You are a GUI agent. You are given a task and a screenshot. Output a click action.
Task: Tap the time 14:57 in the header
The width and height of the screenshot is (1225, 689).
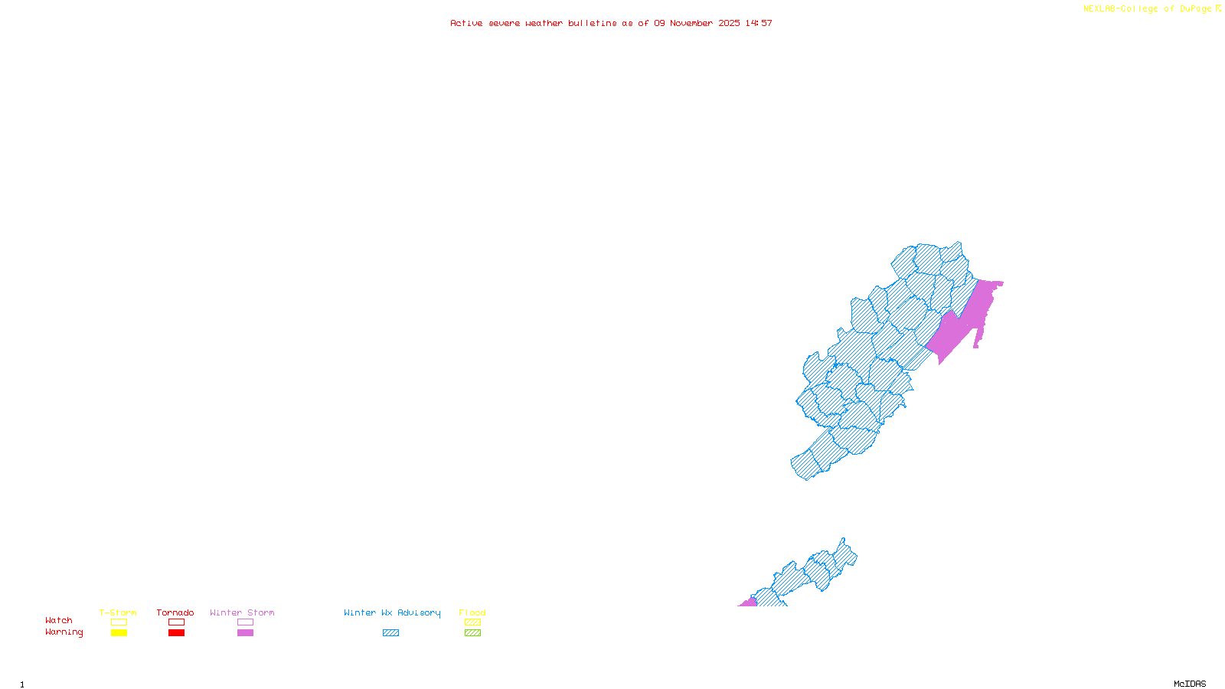pos(759,23)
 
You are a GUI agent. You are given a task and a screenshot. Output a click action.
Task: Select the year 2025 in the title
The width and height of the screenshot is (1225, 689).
pos(729,23)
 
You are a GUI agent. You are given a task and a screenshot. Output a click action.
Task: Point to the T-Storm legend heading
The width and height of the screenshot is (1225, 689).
pos(118,612)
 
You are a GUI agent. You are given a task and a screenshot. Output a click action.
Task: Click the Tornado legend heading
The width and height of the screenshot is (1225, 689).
pos(175,612)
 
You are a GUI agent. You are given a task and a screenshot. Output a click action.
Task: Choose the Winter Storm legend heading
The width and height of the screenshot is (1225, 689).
pos(242,612)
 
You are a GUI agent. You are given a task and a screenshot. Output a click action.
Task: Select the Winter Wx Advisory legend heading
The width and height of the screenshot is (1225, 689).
pos(392,612)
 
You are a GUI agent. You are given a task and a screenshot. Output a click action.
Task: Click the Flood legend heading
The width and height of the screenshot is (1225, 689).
pos(472,612)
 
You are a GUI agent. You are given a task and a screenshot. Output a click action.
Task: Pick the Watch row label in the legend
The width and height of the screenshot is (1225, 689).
pos(59,620)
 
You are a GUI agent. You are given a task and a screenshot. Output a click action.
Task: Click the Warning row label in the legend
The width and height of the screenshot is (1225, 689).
pos(64,632)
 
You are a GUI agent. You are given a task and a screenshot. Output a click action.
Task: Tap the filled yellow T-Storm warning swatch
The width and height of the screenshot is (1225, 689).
pos(119,633)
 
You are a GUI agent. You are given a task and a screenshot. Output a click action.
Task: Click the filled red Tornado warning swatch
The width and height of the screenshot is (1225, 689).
pos(177,633)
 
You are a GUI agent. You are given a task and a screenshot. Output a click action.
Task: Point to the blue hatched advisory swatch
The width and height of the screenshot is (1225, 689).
pos(390,633)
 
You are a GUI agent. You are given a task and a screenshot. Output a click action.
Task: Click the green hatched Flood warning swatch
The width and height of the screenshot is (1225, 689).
pos(472,633)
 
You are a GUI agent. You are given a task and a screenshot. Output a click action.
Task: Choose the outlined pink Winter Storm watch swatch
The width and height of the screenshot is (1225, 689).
pos(245,622)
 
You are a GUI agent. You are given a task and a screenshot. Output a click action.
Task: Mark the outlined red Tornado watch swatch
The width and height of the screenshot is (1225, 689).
pos(177,622)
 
